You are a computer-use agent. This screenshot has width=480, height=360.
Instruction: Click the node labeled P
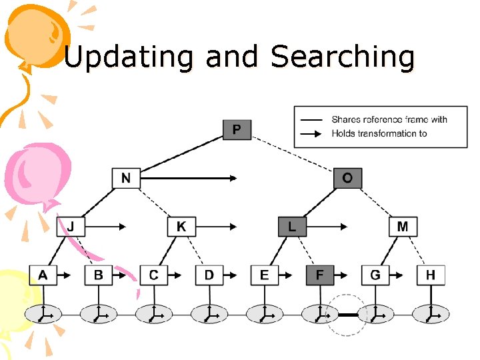[237, 129]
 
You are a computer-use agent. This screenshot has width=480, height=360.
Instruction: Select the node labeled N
[126, 178]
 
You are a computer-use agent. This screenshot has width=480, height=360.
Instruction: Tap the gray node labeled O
[347, 178]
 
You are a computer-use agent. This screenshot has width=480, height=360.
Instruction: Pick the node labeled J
[71, 227]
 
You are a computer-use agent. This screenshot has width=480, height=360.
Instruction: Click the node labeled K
[181, 227]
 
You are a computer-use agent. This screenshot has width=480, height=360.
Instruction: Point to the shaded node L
[292, 227]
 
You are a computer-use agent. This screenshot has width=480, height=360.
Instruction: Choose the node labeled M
[403, 227]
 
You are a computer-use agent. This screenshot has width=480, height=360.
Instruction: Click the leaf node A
[43, 275]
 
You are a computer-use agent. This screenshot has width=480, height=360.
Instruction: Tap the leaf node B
[99, 275]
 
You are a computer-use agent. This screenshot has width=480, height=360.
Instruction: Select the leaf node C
[154, 275]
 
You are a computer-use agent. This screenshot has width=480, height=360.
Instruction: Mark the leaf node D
[209, 275]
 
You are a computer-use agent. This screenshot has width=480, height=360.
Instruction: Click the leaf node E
[265, 275]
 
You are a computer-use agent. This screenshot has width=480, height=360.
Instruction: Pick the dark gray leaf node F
[320, 275]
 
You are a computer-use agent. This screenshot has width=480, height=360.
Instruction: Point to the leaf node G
[375, 275]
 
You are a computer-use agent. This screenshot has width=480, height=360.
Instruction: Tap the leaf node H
[431, 275]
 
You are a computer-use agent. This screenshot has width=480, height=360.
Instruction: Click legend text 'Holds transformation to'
[379, 133]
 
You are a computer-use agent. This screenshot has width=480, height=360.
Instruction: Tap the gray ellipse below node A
[43, 313]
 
